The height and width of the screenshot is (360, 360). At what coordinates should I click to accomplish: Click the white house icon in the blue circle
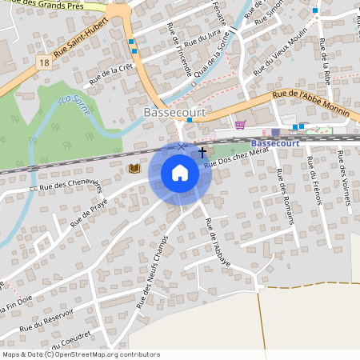[180, 173]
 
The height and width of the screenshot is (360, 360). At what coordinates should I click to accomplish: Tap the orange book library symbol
[134, 168]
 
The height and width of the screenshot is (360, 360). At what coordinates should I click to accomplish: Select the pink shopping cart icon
[241, 125]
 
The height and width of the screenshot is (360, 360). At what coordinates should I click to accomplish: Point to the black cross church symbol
[203, 150]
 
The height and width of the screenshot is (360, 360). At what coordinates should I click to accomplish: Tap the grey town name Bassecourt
[174, 113]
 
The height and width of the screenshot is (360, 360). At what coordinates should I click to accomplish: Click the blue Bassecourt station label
[270, 142]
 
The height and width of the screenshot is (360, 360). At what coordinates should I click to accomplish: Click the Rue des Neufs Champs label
[154, 271]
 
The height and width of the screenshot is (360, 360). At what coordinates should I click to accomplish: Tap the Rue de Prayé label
[88, 212]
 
